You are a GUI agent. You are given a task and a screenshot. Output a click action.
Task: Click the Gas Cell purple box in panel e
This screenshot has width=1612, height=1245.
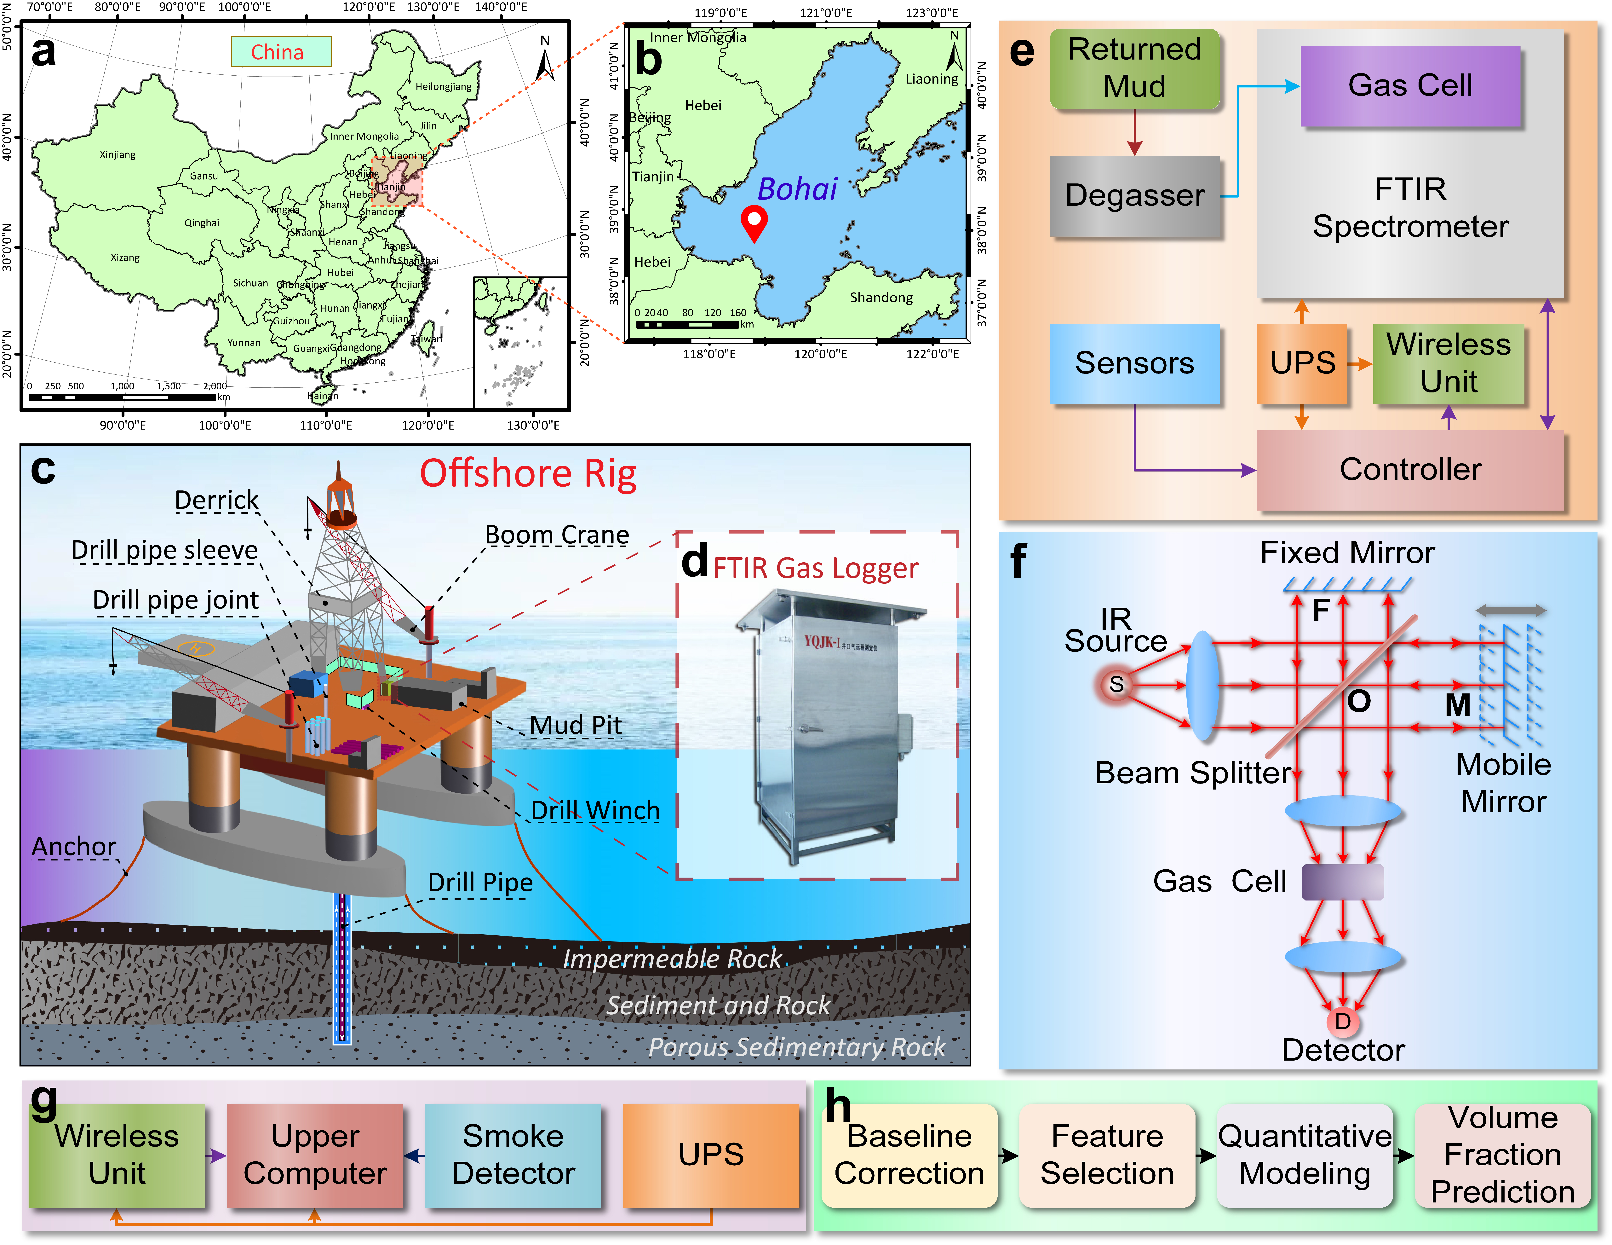click(x=1410, y=86)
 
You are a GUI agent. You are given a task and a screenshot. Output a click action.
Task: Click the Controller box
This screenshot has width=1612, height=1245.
click(x=1410, y=470)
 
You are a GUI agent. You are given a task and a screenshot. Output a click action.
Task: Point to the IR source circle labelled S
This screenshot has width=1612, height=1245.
click(x=1116, y=685)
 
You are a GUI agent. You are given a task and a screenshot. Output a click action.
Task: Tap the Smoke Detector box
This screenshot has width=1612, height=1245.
click(x=513, y=1155)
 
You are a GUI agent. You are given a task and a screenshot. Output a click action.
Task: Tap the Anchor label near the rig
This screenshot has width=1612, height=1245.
click(x=74, y=846)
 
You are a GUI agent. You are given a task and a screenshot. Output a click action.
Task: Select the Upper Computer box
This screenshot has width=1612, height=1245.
click(x=315, y=1155)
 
